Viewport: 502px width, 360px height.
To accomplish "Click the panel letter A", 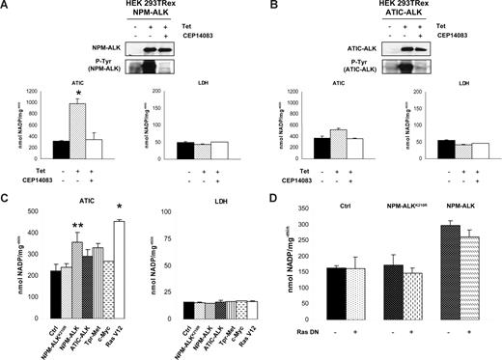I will coord(7,7).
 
